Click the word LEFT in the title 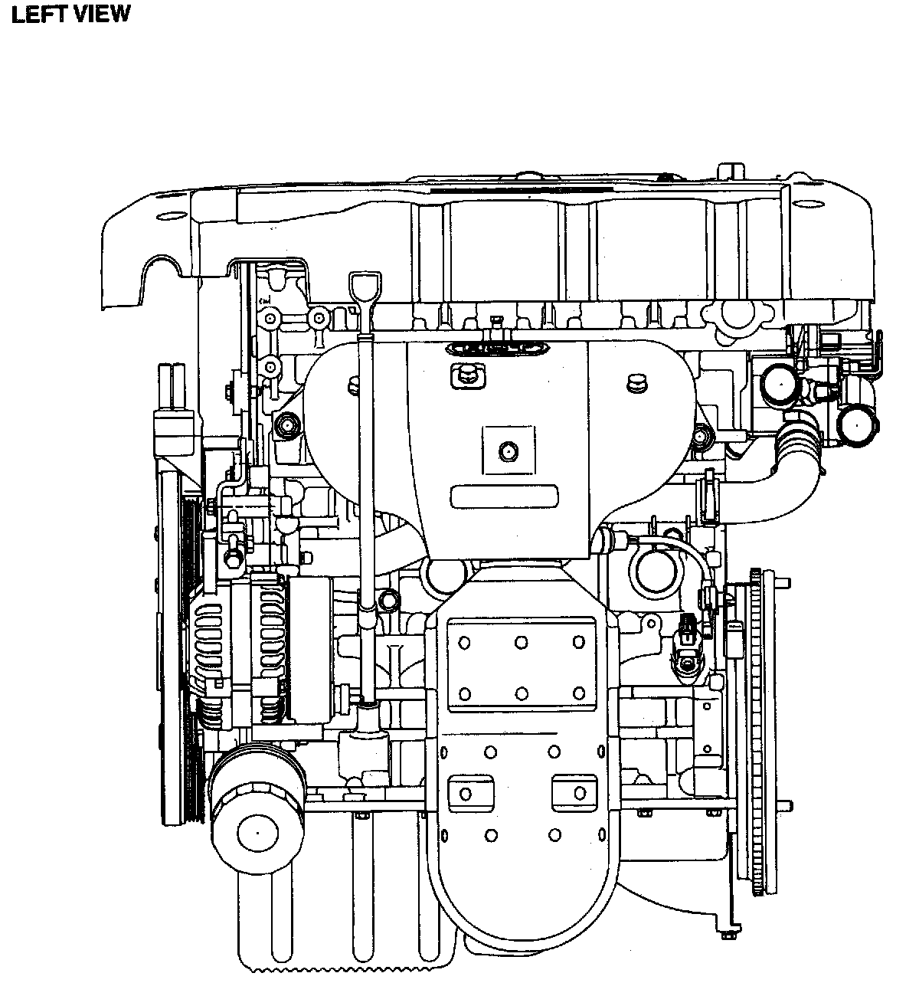pyautogui.click(x=41, y=14)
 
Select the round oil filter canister pyautogui.click(x=257, y=818)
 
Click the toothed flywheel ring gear pyautogui.click(x=757, y=732)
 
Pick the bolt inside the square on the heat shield pyautogui.click(x=509, y=452)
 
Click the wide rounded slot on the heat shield pyautogui.click(x=505, y=497)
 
